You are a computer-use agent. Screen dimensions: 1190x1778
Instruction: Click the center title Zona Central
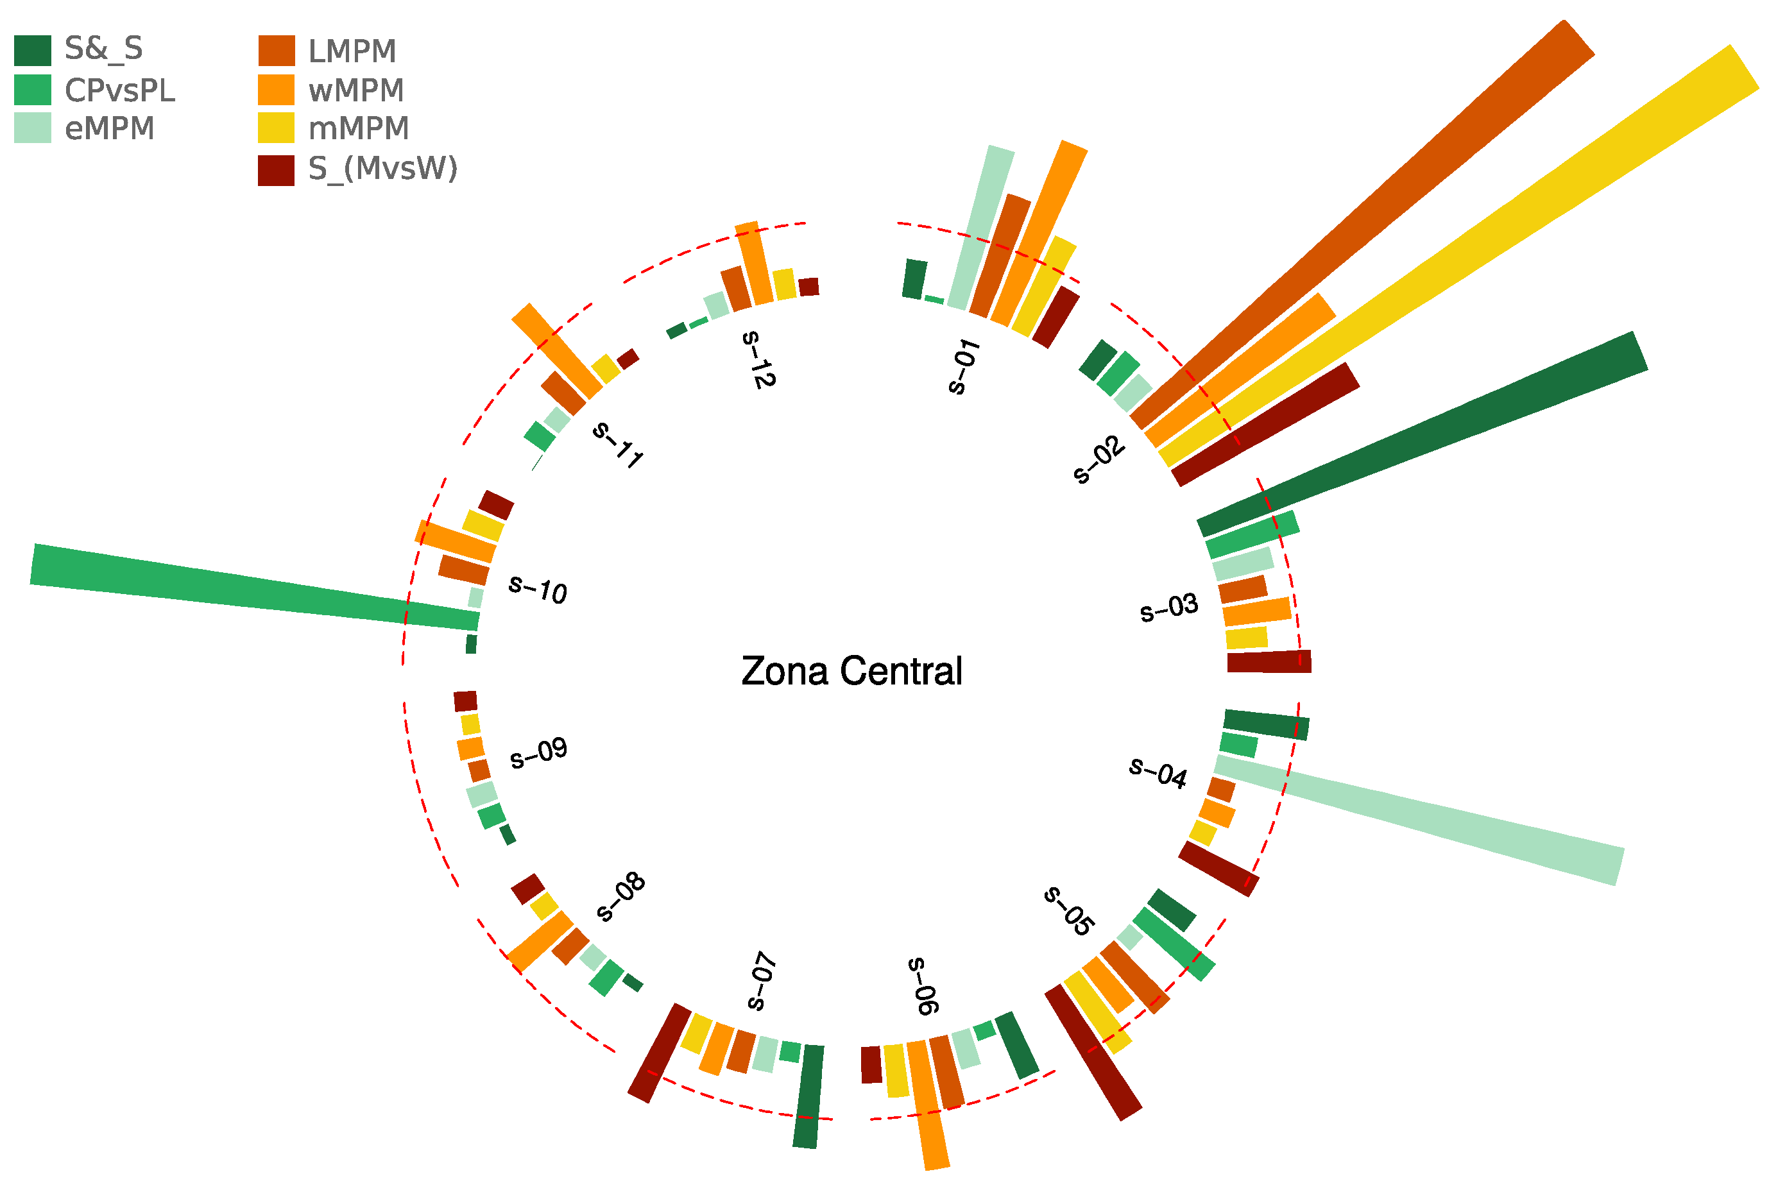click(x=851, y=672)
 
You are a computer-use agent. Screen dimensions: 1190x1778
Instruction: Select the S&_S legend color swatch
click(x=33, y=50)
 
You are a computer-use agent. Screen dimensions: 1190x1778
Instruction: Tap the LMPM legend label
click(x=352, y=51)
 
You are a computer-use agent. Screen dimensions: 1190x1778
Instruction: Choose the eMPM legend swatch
click(x=33, y=128)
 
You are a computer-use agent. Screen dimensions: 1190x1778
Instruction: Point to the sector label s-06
click(x=923, y=986)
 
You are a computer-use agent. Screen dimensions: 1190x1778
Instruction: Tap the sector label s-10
click(x=537, y=588)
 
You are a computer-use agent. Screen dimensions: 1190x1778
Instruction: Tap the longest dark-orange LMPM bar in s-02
click(x=1366, y=228)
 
